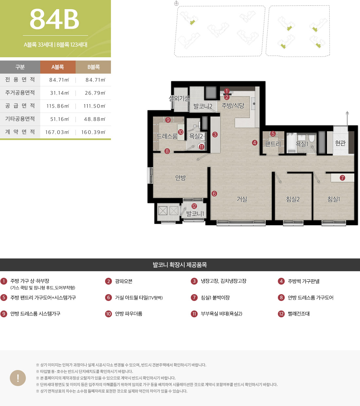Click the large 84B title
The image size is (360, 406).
coord(55,19)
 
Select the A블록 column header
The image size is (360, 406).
coord(58,67)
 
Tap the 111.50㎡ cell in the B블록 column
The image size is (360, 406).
coord(94,106)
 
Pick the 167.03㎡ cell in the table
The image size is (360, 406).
coord(57,132)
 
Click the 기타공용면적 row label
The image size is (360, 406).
coord(20,119)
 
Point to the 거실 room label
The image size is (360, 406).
coord(242,199)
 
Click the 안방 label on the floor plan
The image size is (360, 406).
coord(181,178)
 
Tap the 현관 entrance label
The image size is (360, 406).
coord(340,143)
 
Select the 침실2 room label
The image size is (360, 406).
coord(293,199)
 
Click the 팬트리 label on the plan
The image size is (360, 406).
coord(273,144)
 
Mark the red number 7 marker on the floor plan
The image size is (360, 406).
coord(342,178)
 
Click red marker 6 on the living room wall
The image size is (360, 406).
coord(214,194)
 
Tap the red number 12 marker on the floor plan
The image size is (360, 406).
coord(194,206)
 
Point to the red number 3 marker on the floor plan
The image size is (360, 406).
coord(215,134)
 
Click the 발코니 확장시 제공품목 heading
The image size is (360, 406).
coord(180,265)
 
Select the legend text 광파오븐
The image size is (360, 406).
coord(124,281)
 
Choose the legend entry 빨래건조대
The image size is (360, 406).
coord(299,314)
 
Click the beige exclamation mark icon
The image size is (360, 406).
coord(18,378)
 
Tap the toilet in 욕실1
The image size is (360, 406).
coord(311,138)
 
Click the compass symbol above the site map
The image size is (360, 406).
coord(176,3)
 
